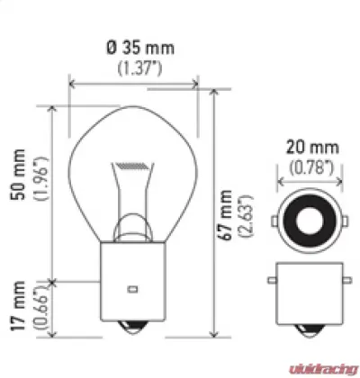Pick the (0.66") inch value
[37, 306]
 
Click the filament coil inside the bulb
[130, 166]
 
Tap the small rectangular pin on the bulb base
[131, 290]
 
